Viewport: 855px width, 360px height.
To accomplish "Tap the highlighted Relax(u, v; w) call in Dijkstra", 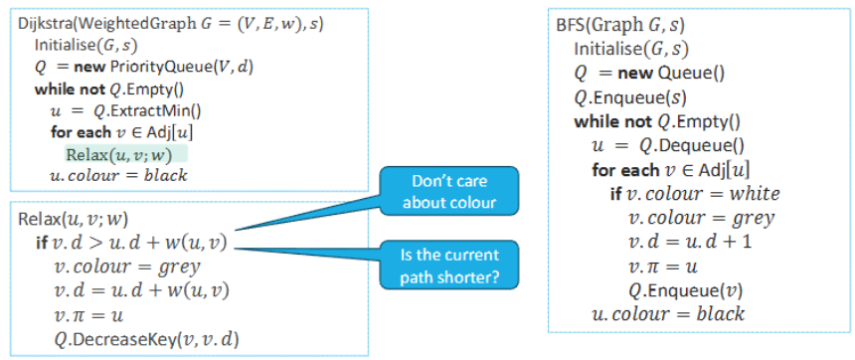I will tap(124, 154).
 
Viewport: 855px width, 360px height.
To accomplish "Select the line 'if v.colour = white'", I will tap(695, 194).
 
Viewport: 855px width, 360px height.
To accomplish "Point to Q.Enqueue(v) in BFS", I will tap(680, 290).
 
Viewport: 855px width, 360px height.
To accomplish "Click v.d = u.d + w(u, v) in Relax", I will tap(144, 290).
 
